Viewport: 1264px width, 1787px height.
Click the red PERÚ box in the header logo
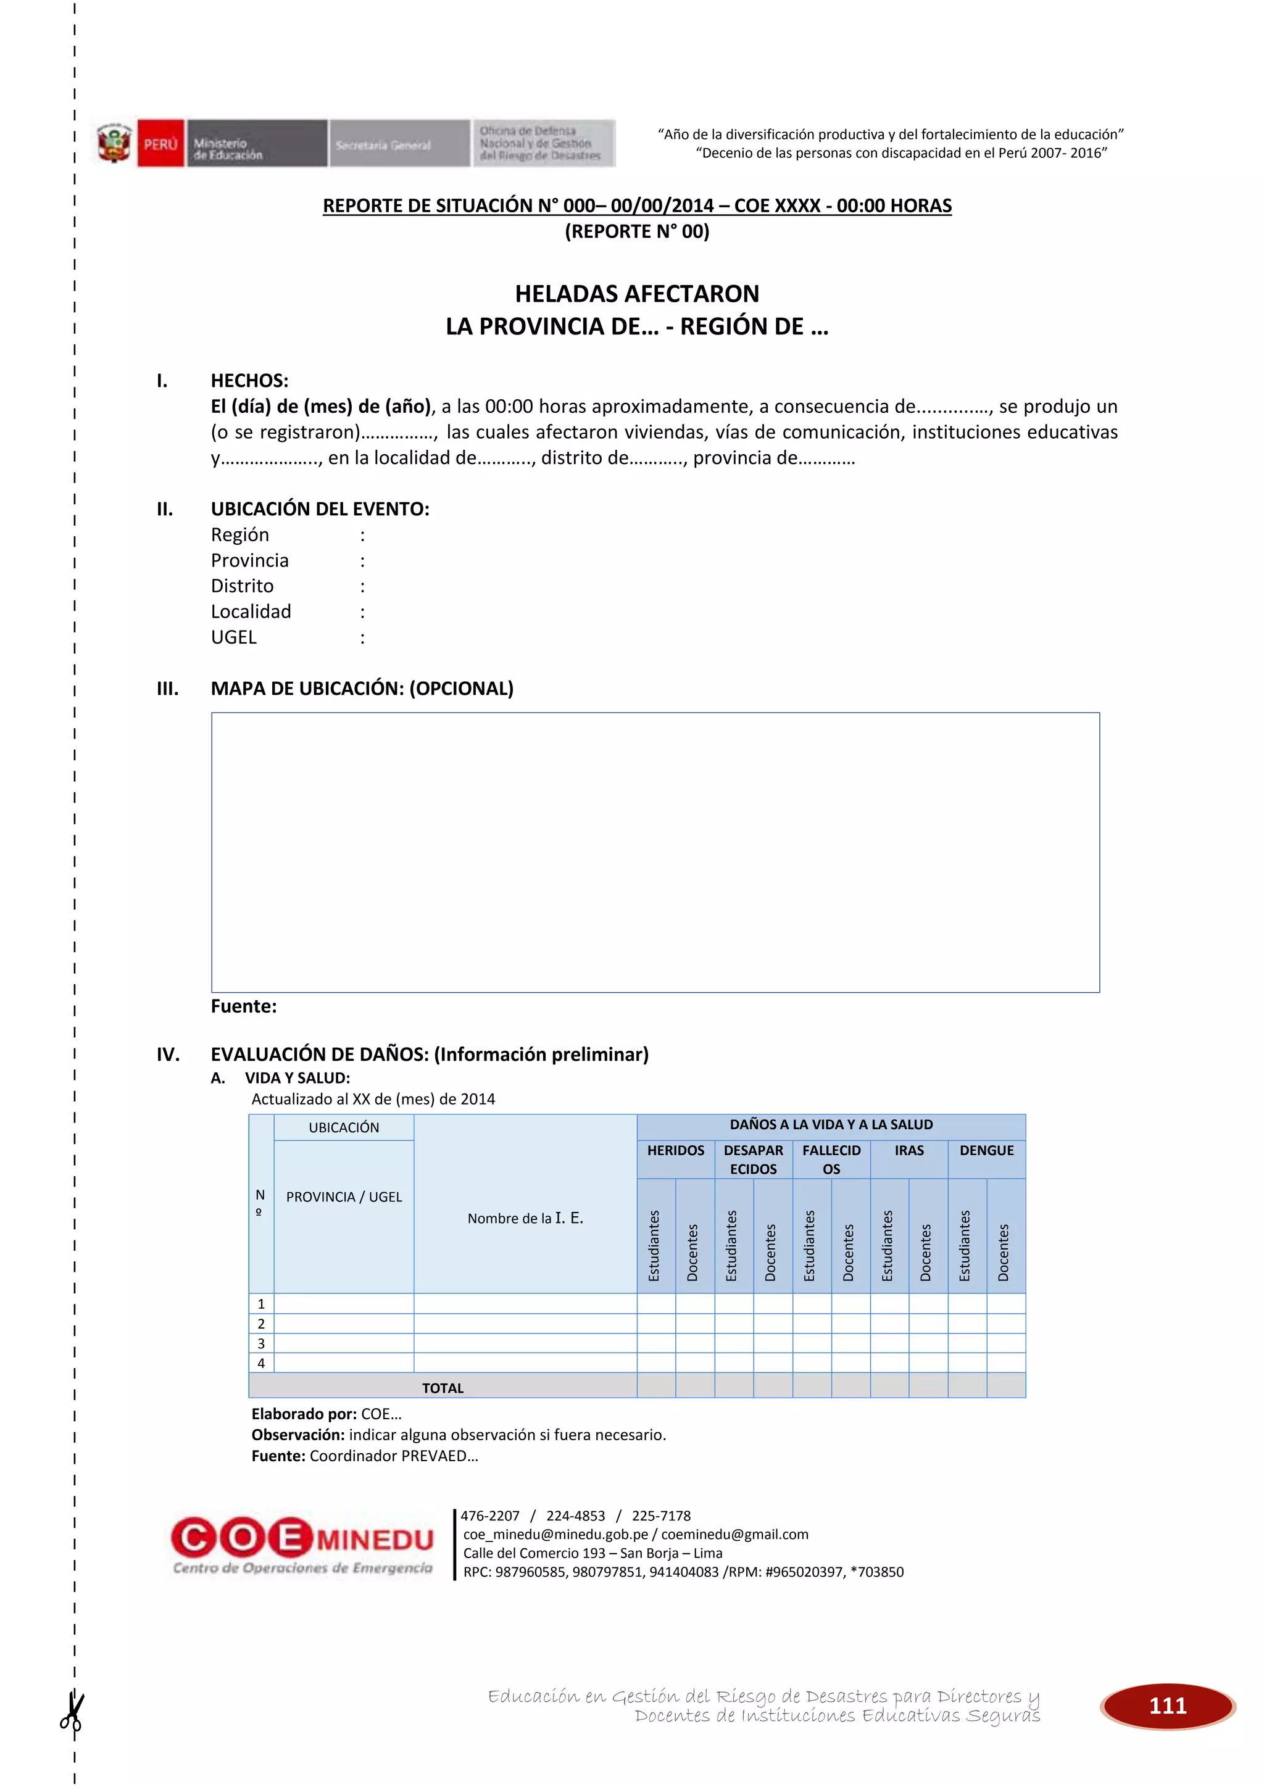[x=160, y=144]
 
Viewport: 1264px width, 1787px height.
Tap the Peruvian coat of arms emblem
[x=114, y=144]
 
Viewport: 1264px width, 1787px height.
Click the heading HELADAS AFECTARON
[x=637, y=294]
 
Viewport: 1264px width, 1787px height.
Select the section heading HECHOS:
[x=249, y=381]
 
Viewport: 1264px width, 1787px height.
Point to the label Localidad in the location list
[x=251, y=612]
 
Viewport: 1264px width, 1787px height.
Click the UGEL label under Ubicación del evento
[x=233, y=637]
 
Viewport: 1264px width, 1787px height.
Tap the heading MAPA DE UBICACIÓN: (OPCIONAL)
[x=362, y=688]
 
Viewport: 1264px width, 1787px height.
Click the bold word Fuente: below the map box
[x=244, y=1006]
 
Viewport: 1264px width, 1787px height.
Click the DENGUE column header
[x=986, y=1150]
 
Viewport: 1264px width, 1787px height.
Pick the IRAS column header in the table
[x=908, y=1150]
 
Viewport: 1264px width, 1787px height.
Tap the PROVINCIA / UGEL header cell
[x=343, y=1197]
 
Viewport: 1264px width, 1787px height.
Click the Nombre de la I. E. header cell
[x=525, y=1218]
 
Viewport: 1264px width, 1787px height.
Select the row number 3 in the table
[x=260, y=1343]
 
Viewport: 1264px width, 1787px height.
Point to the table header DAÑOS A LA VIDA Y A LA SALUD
[x=831, y=1125]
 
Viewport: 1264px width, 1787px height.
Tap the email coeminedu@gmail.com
[x=734, y=1534]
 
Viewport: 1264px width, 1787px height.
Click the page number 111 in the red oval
[x=1168, y=1706]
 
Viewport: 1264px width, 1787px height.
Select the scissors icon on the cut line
[x=72, y=1713]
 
